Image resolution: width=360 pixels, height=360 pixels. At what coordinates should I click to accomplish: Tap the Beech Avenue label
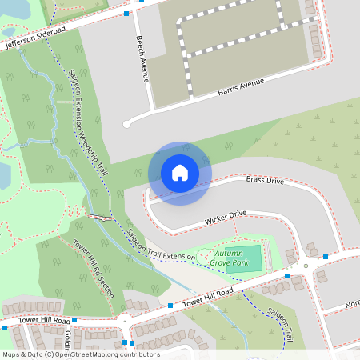coord(142,58)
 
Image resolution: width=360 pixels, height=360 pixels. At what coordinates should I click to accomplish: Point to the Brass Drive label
coord(265,181)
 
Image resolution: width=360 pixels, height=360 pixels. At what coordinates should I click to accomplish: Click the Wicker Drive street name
coord(226,216)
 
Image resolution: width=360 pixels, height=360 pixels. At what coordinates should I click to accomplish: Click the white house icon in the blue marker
coord(180,173)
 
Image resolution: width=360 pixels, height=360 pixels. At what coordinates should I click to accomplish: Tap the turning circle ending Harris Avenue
coord(126,124)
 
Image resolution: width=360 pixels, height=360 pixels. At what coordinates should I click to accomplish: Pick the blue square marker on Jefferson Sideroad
coord(126,14)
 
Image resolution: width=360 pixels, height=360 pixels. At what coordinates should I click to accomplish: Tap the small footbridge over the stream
coord(98,217)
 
